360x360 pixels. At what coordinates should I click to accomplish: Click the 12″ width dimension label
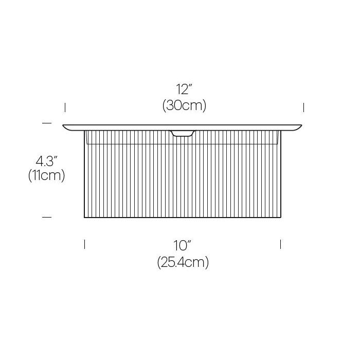coord(184,89)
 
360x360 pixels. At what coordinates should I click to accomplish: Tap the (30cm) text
coord(184,105)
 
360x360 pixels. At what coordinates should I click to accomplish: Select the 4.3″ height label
coord(46,161)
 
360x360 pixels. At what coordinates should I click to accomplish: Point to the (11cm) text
coord(47,176)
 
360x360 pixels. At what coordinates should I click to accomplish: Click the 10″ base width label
coord(183,245)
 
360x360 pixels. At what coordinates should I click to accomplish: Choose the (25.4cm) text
coord(183,262)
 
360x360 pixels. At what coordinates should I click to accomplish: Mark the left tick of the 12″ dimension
coord(65,107)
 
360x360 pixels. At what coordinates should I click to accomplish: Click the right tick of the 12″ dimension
coord(304,107)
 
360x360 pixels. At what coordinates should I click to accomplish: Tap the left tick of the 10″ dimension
coord(84,244)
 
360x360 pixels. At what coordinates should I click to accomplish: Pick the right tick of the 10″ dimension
coord(281,244)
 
